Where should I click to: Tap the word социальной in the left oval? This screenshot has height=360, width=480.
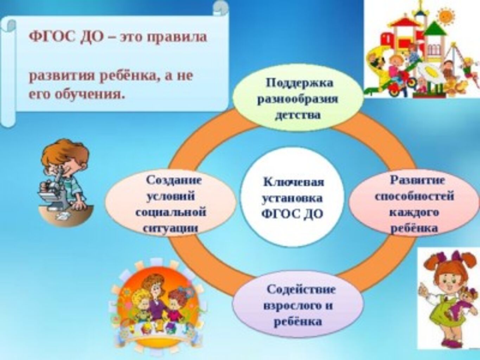[x=171, y=212]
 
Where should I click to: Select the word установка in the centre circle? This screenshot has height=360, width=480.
[x=292, y=199]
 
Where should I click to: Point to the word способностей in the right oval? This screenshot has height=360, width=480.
[x=414, y=196]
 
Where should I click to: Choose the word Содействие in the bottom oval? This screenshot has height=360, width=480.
[x=301, y=290]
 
